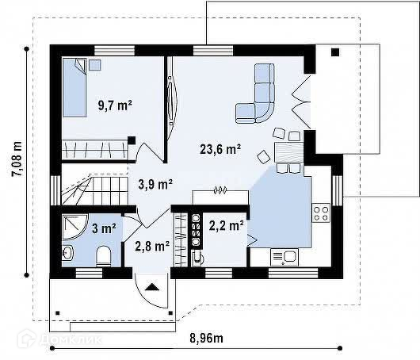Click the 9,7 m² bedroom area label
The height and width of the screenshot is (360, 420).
pos(115,105)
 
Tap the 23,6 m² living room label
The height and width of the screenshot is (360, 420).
pos(220,149)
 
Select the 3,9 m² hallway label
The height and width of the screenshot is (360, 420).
pos(155,184)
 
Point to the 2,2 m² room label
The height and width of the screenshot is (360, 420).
pos(227,225)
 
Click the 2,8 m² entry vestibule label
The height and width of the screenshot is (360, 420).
pos(152,246)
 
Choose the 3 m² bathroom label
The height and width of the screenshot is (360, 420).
pos(104,228)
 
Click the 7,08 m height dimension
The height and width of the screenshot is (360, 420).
pos(17,159)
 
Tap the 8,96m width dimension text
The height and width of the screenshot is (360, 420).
pos(206,339)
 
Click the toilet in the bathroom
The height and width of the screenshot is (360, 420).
pos(103,256)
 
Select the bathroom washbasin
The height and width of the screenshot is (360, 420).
pos(67,252)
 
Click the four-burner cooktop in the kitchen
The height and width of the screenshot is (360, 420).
pos(321,213)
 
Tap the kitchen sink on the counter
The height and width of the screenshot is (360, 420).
pos(284,257)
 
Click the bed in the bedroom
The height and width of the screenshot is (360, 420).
pos(74,88)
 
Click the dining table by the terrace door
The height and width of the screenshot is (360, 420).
pos(288,152)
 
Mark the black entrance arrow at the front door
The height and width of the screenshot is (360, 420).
pos(152,287)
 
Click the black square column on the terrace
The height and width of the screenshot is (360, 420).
pos(335,52)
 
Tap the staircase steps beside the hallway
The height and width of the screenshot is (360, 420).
pos(94,190)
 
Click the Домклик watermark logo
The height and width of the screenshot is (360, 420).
pos(59,339)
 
